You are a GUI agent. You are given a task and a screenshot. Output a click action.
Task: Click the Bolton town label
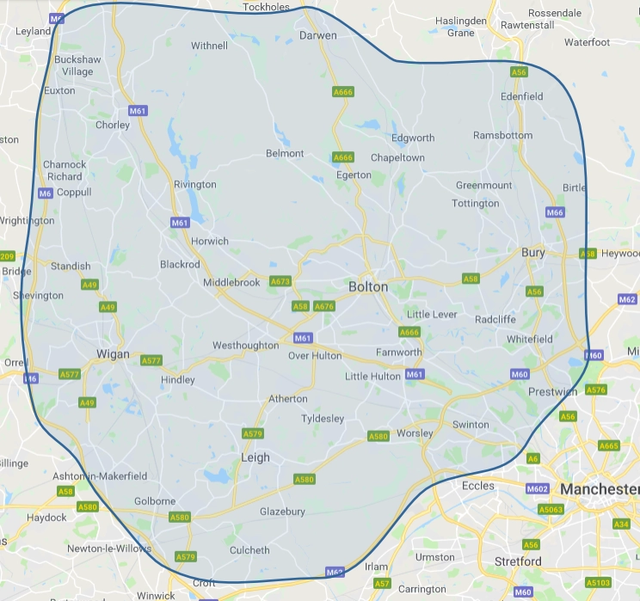[x=368, y=286]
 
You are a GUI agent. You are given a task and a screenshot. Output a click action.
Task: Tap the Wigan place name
[x=113, y=354]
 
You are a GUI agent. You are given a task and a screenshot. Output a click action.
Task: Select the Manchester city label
[x=599, y=489]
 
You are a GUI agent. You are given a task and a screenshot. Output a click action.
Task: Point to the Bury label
[x=533, y=253]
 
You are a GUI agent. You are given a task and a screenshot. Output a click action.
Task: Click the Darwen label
[x=317, y=35]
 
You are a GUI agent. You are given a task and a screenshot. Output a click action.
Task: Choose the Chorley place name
[x=113, y=125]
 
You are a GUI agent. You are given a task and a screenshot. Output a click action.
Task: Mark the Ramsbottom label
[x=502, y=135]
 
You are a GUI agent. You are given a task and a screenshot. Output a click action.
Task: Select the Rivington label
[x=195, y=185]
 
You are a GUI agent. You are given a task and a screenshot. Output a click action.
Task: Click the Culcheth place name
[x=249, y=550]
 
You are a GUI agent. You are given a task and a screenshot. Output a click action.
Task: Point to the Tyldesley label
[x=323, y=419]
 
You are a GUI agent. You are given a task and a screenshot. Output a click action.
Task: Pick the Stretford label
[x=518, y=561]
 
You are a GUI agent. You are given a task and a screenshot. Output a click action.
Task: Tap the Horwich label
[x=210, y=242]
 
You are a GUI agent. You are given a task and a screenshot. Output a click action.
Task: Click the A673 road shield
[x=280, y=281]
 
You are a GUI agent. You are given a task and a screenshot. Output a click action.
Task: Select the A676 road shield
[x=324, y=306]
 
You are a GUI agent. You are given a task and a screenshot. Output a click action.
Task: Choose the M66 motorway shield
[x=555, y=212]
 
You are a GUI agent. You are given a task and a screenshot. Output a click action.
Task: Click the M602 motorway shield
[x=537, y=489]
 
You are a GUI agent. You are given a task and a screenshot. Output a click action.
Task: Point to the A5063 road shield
[x=551, y=510]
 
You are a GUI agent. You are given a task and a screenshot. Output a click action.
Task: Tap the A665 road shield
[x=608, y=445]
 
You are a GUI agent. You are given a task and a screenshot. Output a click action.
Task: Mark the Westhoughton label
[x=246, y=346]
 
